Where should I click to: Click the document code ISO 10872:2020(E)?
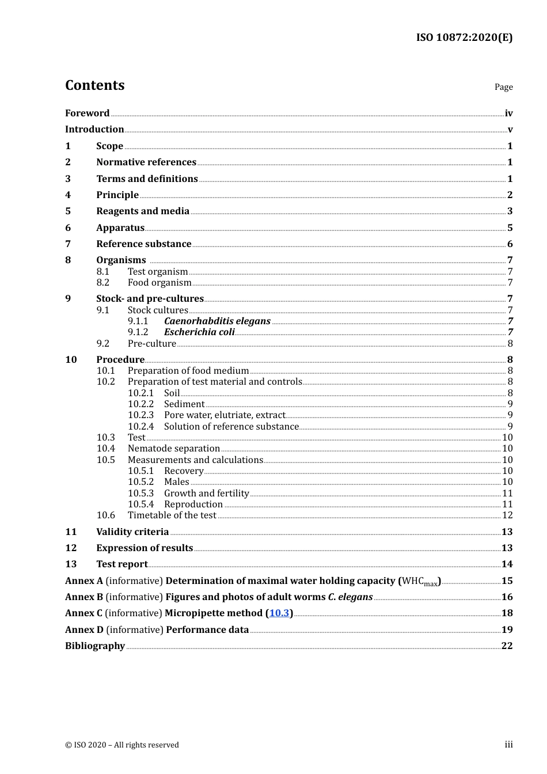point(464,37)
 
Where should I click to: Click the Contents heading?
point(94,85)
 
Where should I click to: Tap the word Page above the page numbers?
point(503,87)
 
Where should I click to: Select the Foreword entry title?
point(87,113)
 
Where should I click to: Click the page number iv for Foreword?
point(508,113)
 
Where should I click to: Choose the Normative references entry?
point(146,162)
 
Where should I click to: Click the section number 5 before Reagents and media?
point(68,211)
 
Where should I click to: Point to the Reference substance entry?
point(143,244)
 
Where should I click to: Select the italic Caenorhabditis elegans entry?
point(217,321)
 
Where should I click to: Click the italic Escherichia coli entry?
point(199,332)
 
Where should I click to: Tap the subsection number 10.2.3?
point(140,415)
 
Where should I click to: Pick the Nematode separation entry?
point(174,449)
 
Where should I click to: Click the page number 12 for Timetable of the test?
point(507,515)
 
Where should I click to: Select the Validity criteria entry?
point(132,532)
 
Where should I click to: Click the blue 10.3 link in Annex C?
point(279,613)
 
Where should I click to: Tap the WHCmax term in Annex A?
point(420,582)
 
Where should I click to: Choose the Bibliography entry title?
point(95,646)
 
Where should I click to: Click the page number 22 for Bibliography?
point(507,646)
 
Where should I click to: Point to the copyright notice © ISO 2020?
point(122,745)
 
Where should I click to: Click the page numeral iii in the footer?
point(508,745)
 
